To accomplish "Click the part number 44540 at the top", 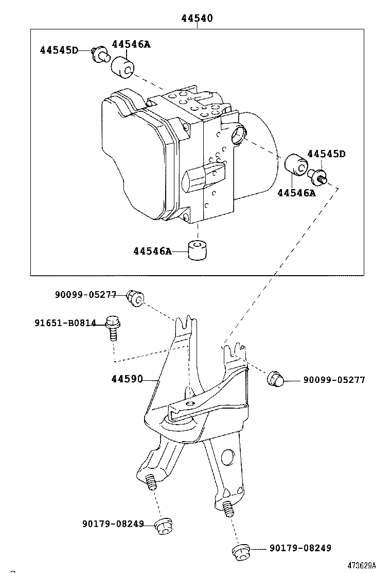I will (x=197, y=19).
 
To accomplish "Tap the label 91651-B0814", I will (x=65, y=323).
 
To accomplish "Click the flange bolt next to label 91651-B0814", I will (x=113, y=328).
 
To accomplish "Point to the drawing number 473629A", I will (x=361, y=565).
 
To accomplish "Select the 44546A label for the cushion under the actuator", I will (x=152, y=251).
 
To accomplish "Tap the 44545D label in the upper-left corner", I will (x=59, y=50).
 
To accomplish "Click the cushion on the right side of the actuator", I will (x=296, y=164).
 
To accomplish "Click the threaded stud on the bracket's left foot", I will (x=151, y=483).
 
